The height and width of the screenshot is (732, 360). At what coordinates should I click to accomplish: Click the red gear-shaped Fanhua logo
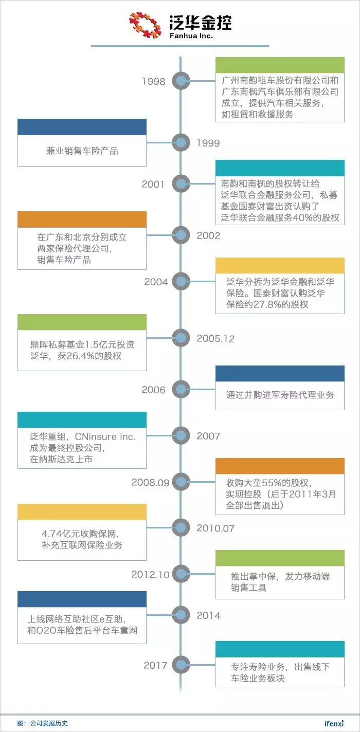145,25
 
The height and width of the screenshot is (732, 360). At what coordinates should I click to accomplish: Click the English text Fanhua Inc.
191,35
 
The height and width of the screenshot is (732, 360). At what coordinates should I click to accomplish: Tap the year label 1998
154,81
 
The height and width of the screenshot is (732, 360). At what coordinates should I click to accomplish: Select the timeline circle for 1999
181,142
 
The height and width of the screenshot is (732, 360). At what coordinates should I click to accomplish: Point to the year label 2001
153,185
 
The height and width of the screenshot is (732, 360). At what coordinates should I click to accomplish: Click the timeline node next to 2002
181,235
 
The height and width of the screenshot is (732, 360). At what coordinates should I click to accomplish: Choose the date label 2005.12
215,339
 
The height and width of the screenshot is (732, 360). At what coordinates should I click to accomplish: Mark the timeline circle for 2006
181,389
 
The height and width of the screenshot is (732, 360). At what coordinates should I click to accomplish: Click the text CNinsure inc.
105,436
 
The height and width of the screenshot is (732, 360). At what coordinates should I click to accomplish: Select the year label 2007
208,436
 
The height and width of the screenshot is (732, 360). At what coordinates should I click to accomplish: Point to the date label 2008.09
150,482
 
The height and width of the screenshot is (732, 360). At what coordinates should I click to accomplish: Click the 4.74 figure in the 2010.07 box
51,534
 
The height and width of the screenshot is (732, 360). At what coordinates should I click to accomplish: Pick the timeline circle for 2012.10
181,574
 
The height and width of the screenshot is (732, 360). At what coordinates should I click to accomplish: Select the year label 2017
155,665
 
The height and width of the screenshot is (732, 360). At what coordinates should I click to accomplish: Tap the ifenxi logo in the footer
334,723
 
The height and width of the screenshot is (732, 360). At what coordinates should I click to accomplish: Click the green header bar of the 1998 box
280,65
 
